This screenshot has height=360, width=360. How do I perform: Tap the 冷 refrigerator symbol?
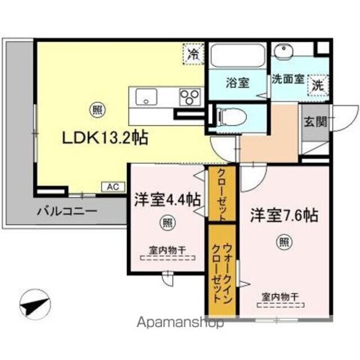193,55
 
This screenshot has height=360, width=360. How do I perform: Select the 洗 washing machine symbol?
318,86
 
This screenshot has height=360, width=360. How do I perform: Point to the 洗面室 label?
287,79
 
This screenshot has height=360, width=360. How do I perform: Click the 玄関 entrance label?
314,121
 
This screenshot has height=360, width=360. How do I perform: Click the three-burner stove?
191,97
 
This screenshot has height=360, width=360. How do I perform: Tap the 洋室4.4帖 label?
166,200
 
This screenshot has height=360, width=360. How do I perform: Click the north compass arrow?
34,306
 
